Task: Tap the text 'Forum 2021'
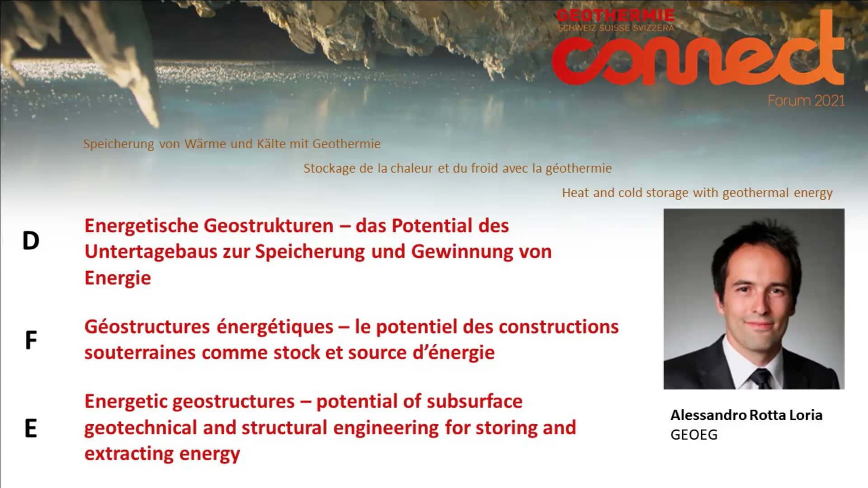pyautogui.click(x=806, y=100)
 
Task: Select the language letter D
pyautogui.click(x=31, y=241)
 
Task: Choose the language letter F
pyautogui.click(x=31, y=341)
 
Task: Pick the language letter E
pyautogui.click(x=31, y=428)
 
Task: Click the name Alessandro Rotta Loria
pyautogui.click(x=746, y=415)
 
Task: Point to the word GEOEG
pyautogui.click(x=694, y=435)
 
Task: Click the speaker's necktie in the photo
pyautogui.click(x=762, y=379)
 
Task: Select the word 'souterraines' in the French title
pyautogui.click(x=140, y=352)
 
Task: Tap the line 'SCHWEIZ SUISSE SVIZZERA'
pyautogui.click(x=615, y=28)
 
